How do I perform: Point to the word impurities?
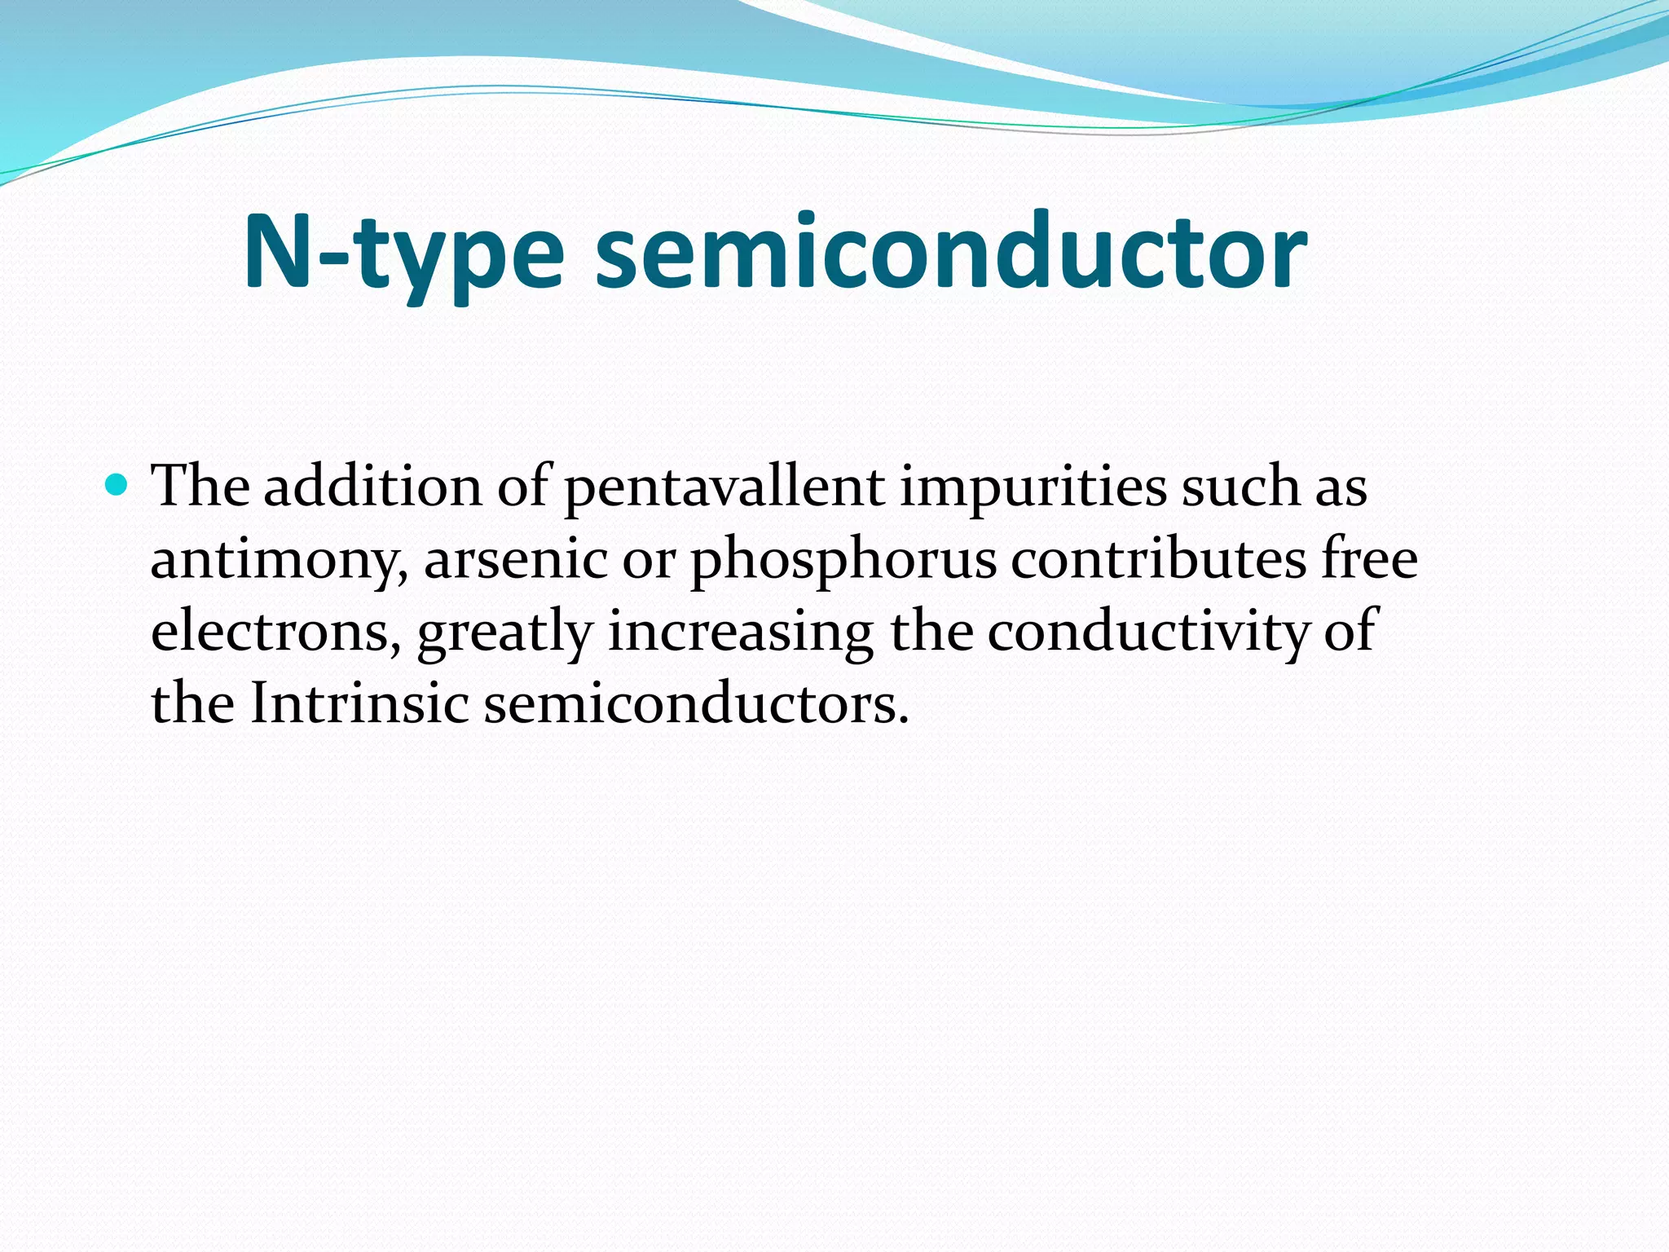click(x=1033, y=487)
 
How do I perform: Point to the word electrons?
click(x=275, y=632)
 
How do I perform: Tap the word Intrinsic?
click(x=359, y=703)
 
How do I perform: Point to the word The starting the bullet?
click(x=200, y=487)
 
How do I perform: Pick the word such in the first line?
click(x=1241, y=487)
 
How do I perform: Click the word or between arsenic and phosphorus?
click(x=649, y=561)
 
